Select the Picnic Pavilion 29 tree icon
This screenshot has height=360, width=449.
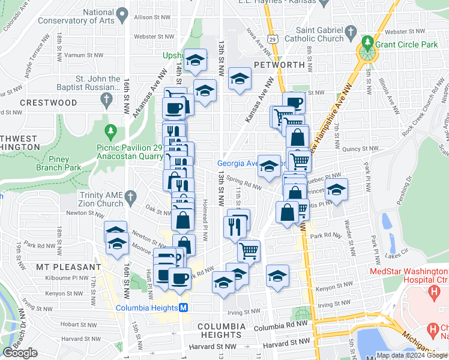click(x=110, y=131)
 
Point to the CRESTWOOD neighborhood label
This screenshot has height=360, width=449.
click(x=49, y=103)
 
